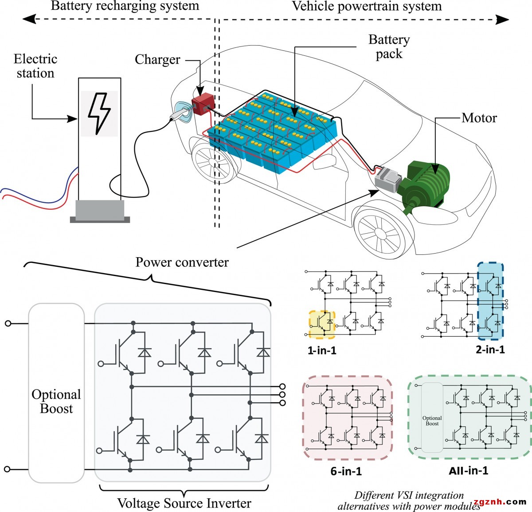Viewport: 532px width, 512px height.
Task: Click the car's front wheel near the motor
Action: point(380,232)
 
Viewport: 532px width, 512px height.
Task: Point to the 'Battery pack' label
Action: point(389,46)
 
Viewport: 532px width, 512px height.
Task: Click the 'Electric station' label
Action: point(35,66)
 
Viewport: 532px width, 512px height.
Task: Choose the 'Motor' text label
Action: point(479,118)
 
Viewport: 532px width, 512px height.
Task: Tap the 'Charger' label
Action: point(157,60)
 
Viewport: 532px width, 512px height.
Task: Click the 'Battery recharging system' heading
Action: point(125,6)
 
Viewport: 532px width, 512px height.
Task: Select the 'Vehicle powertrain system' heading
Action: point(367,6)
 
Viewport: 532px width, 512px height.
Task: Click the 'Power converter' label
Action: point(182,262)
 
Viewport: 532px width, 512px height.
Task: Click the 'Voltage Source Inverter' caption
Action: point(184,503)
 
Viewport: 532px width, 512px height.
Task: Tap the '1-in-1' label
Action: point(322,351)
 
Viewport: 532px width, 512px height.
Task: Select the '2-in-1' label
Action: point(490,350)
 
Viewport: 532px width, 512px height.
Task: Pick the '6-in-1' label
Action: point(346,471)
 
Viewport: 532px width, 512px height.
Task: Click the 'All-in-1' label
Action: point(468,470)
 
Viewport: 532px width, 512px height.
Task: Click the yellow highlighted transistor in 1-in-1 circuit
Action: point(322,325)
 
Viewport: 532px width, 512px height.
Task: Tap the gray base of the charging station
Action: point(100,212)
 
